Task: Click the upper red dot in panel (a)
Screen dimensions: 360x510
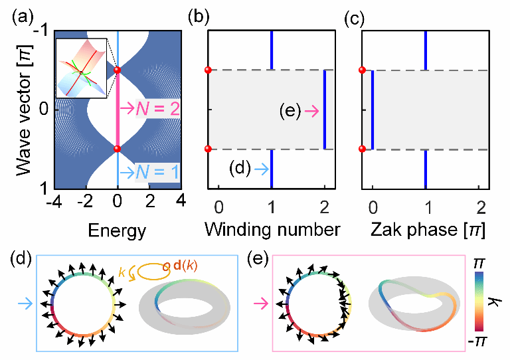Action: (x=118, y=70)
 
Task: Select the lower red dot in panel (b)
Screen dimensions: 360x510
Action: (x=208, y=149)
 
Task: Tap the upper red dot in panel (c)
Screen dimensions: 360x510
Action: (x=362, y=70)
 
